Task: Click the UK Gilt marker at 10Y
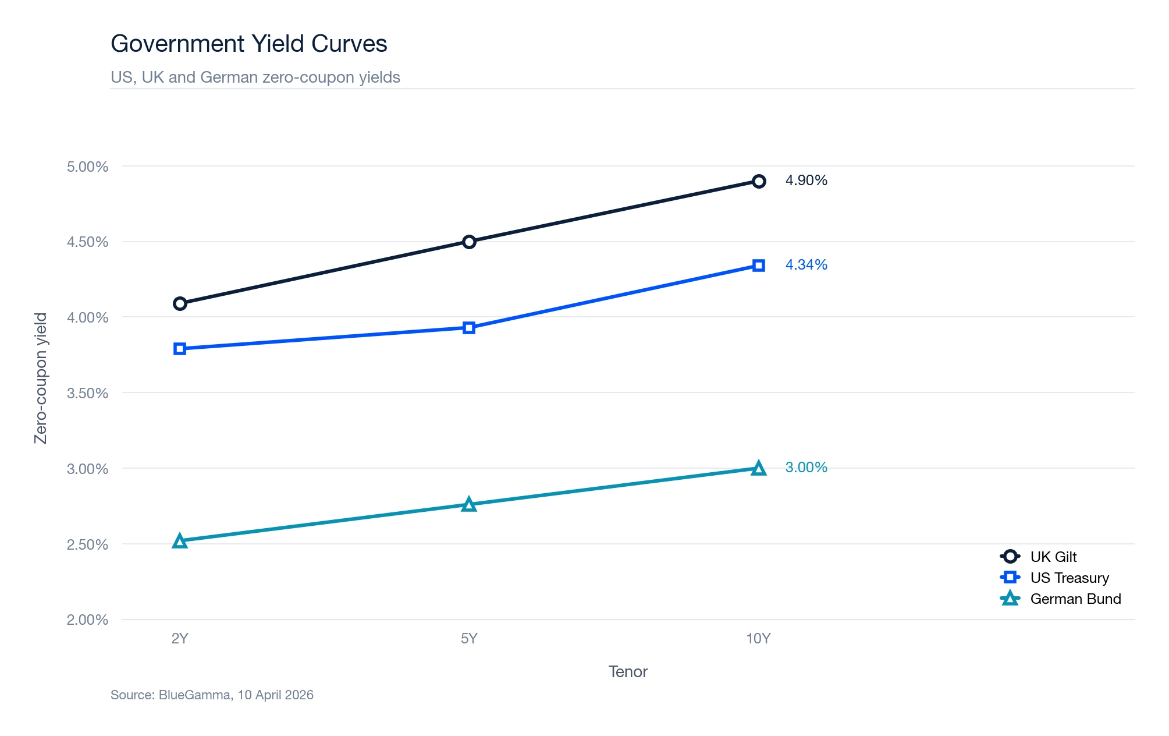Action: (x=758, y=181)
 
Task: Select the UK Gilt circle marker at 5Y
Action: (x=469, y=242)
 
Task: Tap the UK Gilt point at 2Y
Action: (x=180, y=303)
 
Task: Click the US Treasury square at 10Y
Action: (x=758, y=266)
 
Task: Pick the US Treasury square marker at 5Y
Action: (x=469, y=328)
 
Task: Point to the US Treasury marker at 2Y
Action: (x=180, y=349)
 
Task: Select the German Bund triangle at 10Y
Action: (x=758, y=468)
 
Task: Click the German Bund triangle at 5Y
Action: (x=469, y=505)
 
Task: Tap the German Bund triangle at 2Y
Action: (x=180, y=542)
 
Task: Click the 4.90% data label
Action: (x=806, y=181)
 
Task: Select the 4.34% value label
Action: (x=806, y=265)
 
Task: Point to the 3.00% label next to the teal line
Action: (x=806, y=468)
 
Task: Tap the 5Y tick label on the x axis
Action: (x=469, y=639)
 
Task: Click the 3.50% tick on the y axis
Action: (x=87, y=393)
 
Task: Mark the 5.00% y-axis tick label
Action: (x=87, y=167)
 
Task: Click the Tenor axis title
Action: (x=628, y=672)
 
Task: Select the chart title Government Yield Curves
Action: (x=248, y=44)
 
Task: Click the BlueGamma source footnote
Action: (x=212, y=695)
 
